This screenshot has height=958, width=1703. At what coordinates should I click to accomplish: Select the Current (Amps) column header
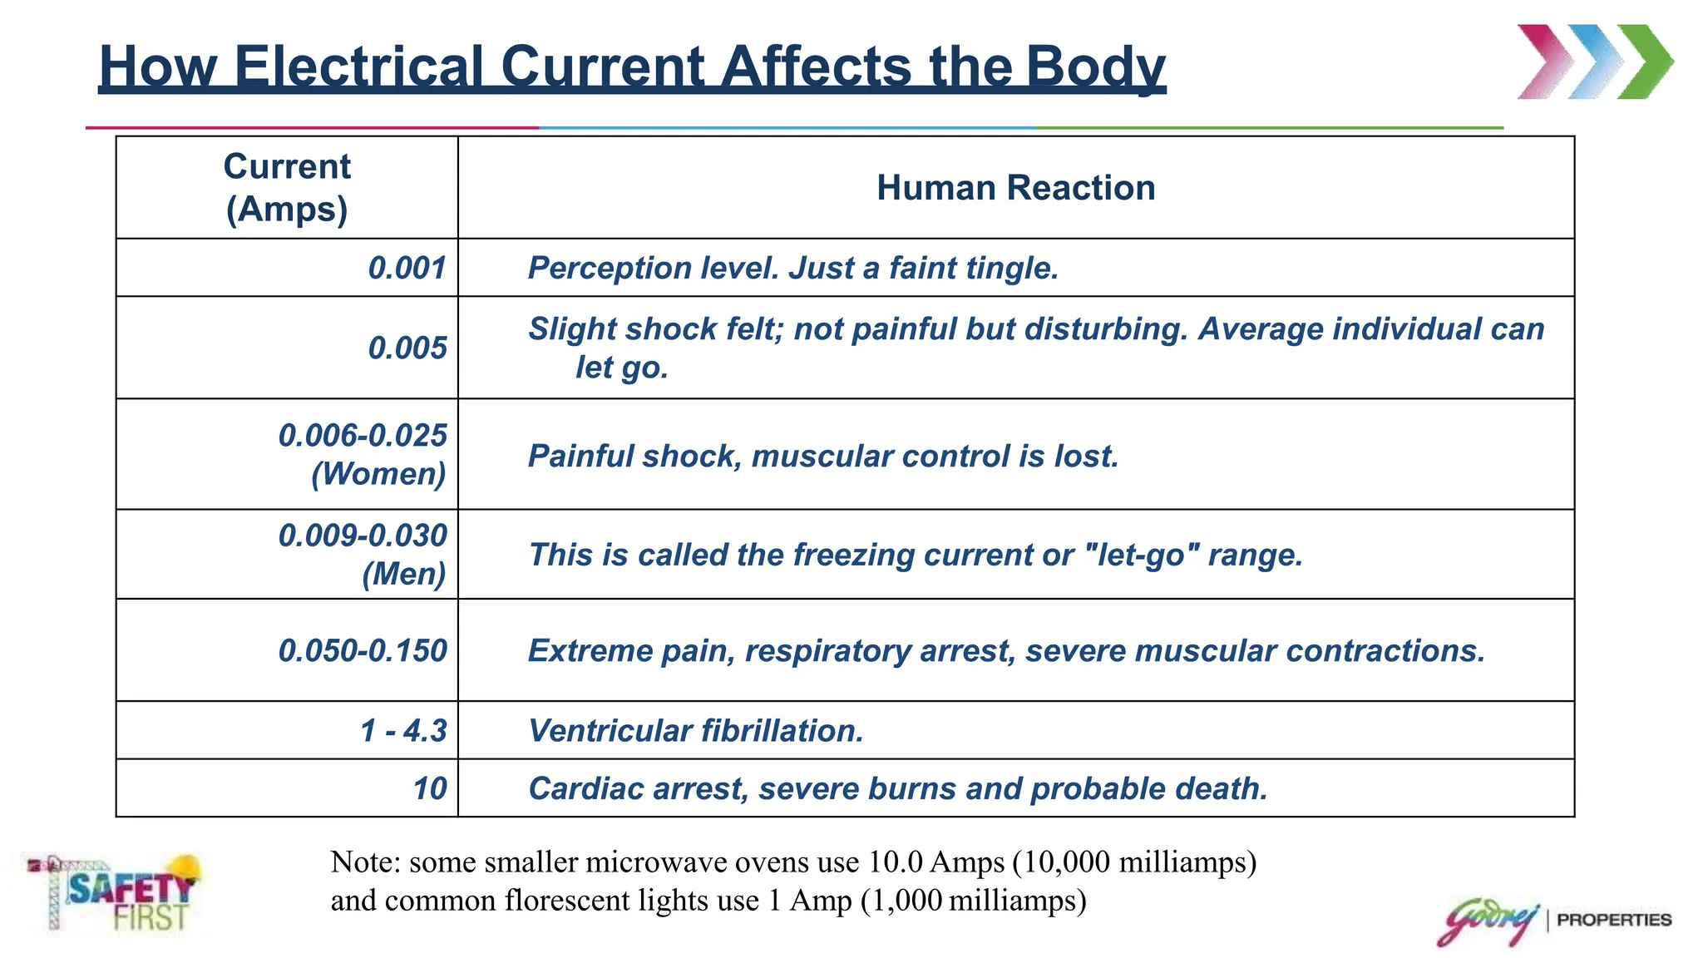tap(287, 188)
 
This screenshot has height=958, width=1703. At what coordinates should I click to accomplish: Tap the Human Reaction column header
tap(1016, 188)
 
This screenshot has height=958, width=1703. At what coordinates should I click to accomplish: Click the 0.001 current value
tap(407, 268)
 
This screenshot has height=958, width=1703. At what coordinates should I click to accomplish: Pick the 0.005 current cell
tap(407, 348)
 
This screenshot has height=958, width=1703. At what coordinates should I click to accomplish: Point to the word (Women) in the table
tap(379, 474)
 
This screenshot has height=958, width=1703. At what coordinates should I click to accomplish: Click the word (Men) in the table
tap(404, 574)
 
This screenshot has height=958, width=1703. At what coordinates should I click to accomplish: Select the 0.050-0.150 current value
tap(363, 650)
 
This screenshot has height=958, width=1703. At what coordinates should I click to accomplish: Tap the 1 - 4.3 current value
tap(404, 731)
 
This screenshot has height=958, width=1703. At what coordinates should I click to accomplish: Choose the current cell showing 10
tap(431, 788)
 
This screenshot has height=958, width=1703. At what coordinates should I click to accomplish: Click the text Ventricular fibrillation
tap(696, 731)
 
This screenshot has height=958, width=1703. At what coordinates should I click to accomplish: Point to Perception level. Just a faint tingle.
tap(793, 269)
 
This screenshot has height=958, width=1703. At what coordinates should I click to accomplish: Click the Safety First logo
tap(115, 893)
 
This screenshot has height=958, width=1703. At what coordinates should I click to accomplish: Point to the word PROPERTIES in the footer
tap(1614, 920)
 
